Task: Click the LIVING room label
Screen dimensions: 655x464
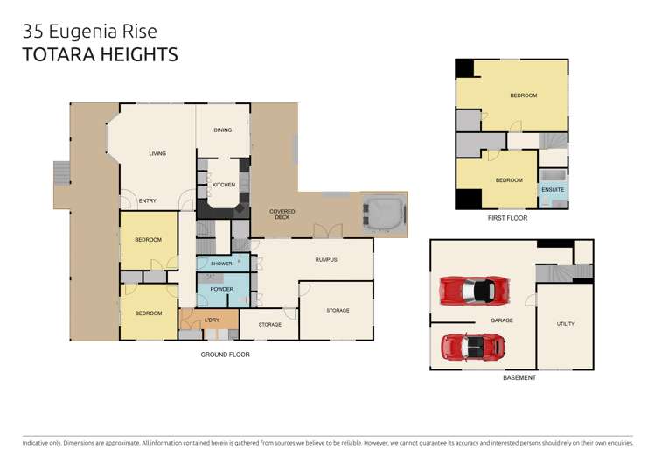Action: click(x=157, y=153)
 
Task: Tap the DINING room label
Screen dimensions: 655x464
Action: click(x=223, y=130)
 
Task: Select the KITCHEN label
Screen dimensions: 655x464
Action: click(x=224, y=185)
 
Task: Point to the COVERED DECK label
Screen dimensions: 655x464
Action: click(x=282, y=214)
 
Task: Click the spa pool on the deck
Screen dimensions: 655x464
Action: click(x=384, y=214)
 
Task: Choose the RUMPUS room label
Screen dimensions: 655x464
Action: click(x=326, y=260)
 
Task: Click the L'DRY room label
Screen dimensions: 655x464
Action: click(x=212, y=320)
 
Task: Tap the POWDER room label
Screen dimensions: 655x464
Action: click(x=222, y=289)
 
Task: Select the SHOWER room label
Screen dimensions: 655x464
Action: click(x=221, y=264)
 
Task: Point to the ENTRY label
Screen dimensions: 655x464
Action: click(x=148, y=201)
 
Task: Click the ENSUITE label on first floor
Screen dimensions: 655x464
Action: click(x=553, y=190)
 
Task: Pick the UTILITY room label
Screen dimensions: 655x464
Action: click(x=566, y=324)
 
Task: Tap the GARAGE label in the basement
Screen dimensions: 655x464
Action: click(x=502, y=320)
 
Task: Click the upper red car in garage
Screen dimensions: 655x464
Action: click(x=475, y=291)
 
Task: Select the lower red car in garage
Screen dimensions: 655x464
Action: click(x=473, y=347)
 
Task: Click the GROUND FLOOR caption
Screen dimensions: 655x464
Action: click(x=225, y=355)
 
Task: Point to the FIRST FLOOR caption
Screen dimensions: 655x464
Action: click(x=507, y=218)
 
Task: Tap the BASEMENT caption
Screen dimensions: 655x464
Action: click(x=519, y=377)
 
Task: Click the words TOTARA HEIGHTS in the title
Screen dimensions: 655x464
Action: click(x=101, y=55)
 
